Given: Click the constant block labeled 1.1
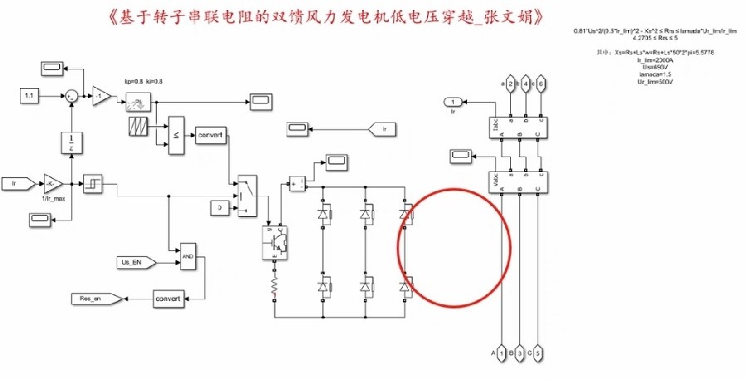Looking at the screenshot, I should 29,97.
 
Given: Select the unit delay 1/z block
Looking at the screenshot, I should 72,141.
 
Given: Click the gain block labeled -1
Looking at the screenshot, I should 103,96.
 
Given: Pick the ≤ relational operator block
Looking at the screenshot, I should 175,135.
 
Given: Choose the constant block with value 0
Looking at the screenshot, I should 218,206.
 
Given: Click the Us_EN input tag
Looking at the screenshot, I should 132,262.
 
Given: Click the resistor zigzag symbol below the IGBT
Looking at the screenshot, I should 274,287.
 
